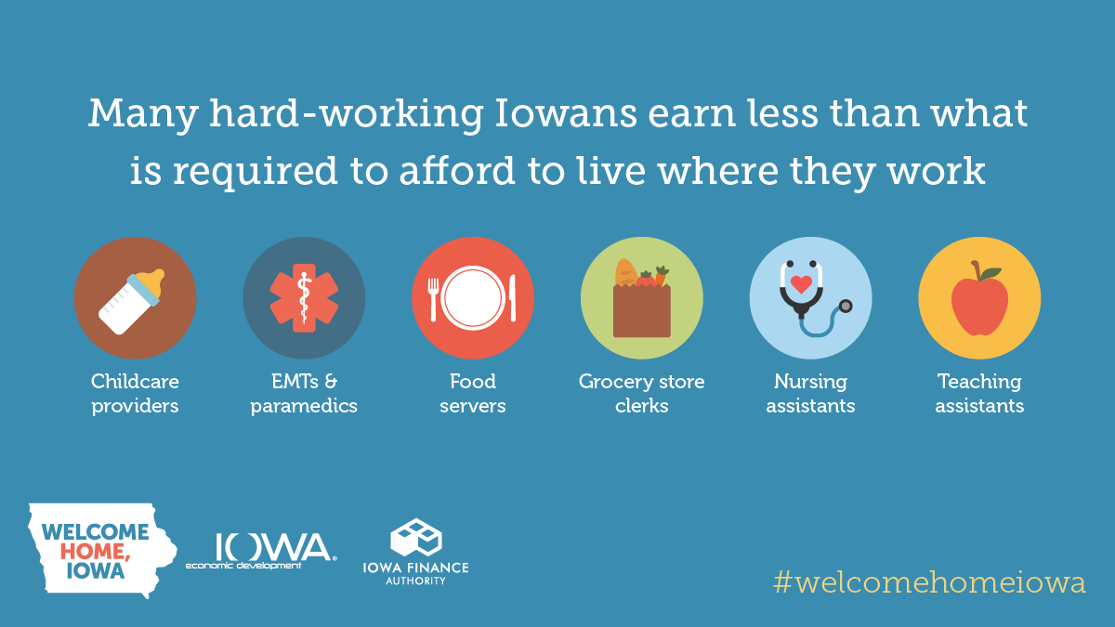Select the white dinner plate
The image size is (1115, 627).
473,297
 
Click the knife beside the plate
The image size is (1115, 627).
512,299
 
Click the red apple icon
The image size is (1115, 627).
979,305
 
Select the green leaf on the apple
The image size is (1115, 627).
990,273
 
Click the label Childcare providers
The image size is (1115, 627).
135,394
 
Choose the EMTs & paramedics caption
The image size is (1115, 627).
304,394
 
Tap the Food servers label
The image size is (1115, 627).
473,394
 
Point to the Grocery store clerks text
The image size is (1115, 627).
641,394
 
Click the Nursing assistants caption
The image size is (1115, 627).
810,394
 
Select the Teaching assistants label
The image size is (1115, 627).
979,394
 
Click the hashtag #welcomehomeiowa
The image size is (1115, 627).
929,582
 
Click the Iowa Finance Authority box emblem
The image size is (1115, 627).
415,538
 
